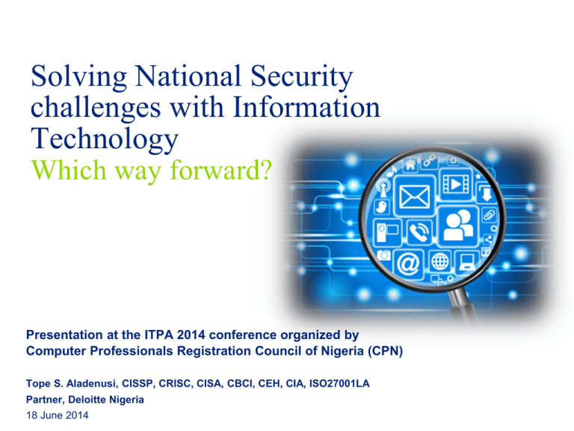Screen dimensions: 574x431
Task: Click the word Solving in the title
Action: tap(78, 77)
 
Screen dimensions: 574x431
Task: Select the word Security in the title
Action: tap(302, 77)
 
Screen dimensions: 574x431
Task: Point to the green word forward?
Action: tap(221, 170)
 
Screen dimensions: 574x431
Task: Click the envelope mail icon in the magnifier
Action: tap(414, 197)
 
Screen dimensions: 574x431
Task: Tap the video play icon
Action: tap(455, 184)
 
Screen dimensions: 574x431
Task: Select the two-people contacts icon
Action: tap(458, 226)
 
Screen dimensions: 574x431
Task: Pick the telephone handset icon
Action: tap(419, 232)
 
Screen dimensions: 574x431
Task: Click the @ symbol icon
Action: tap(408, 263)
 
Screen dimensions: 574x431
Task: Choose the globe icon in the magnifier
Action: tap(439, 262)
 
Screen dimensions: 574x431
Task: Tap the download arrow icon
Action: tap(486, 193)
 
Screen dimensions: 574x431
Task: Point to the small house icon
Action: tap(410, 165)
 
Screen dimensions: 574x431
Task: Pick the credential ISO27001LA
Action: tap(339, 383)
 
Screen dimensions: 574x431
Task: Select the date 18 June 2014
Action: tap(57, 415)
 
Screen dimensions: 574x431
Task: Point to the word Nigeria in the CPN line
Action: tap(342, 351)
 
